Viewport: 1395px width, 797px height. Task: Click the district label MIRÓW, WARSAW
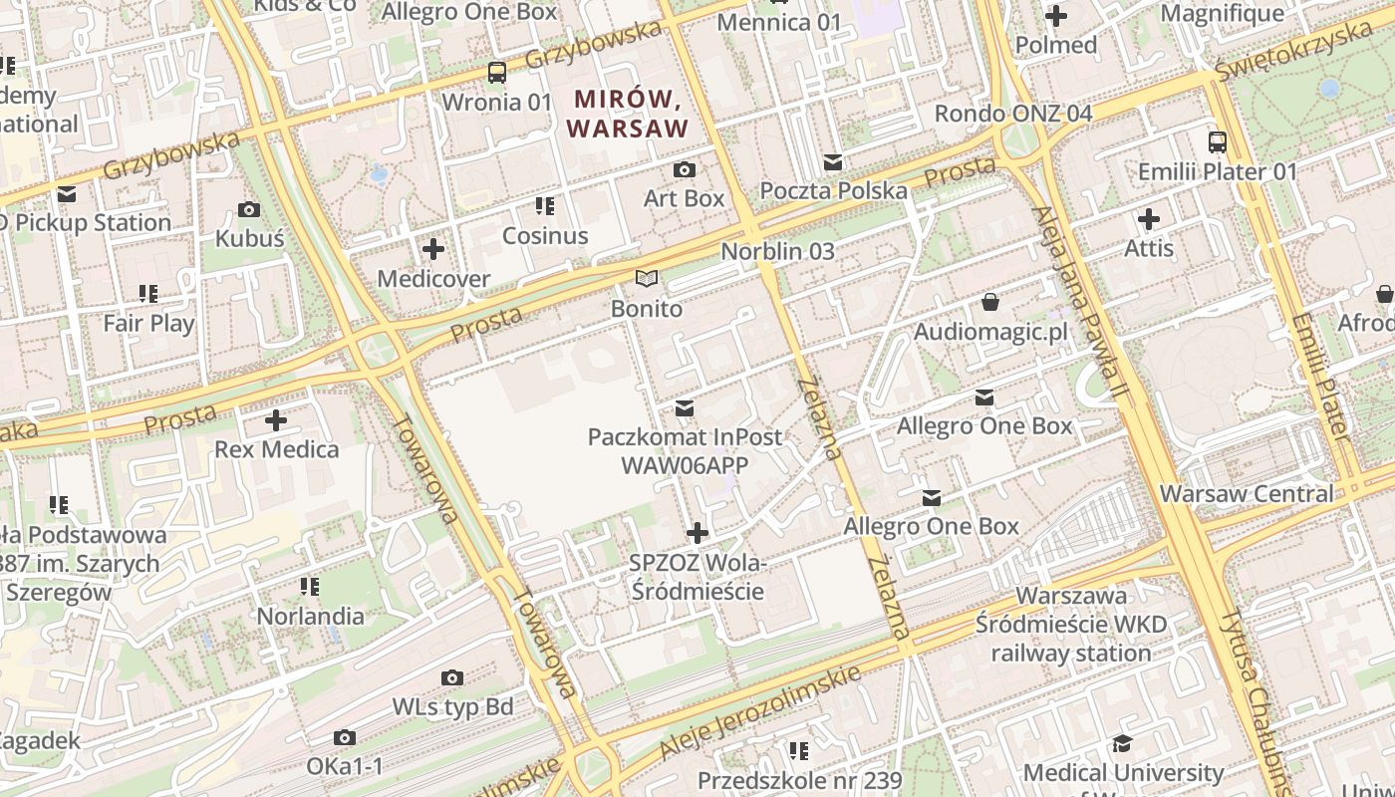click(628, 114)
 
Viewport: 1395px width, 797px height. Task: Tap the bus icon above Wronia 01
click(496, 72)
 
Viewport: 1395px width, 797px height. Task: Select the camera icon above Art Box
click(685, 169)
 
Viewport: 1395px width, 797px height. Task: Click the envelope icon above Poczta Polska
click(833, 161)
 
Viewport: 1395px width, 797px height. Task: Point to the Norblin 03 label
click(777, 251)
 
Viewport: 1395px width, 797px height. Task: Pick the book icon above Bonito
click(647, 279)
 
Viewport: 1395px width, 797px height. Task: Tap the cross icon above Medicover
click(433, 249)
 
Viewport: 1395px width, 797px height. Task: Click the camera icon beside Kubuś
click(249, 209)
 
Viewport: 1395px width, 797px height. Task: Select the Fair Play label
click(149, 323)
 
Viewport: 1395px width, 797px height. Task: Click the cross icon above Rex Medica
click(276, 420)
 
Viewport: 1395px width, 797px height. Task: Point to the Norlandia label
click(311, 616)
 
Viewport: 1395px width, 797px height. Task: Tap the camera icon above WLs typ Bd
click(452, 678)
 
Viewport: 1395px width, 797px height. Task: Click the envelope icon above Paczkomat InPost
click(685, 408)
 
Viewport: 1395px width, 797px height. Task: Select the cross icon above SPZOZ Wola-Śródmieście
click(697, 533)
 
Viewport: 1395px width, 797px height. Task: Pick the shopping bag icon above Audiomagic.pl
click(990, 301)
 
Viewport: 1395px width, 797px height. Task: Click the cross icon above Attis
click(1149, 218)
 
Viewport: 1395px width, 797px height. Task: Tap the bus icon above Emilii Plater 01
click(1218, 141)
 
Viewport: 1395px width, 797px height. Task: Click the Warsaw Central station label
click(1246, 493)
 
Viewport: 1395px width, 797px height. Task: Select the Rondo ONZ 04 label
click(1012, 113)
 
